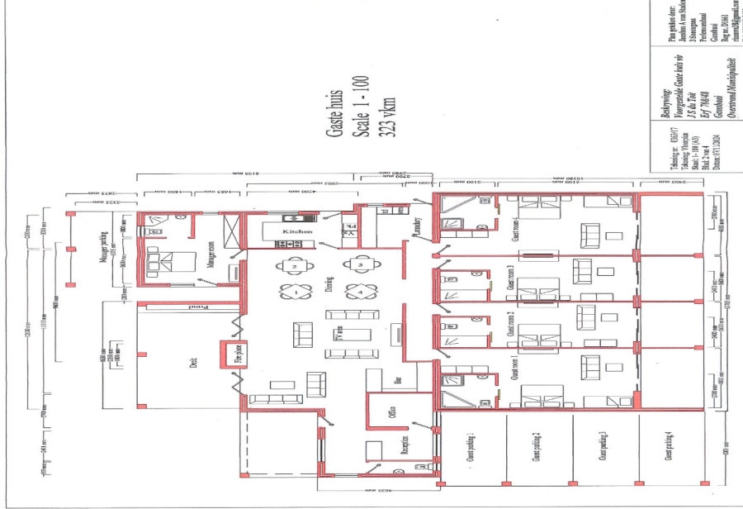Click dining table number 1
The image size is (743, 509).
[x=295, y=291]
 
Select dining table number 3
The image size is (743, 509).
[x=360, y=265]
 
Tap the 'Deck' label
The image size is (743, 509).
[x=193, y=361]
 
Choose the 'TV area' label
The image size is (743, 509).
[x=338, y=335]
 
